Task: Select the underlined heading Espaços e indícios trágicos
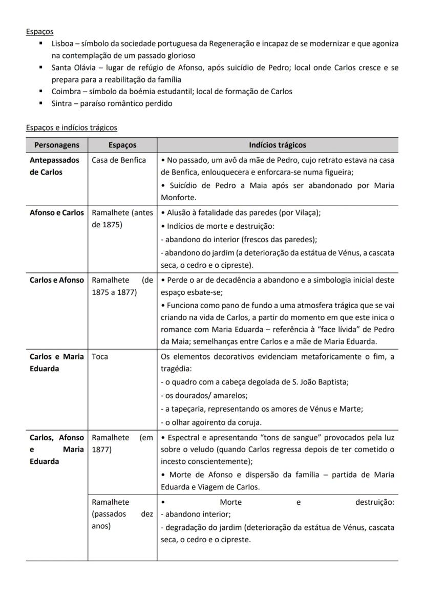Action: click(x=71, y=127)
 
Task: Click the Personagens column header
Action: click(x=56, y=145)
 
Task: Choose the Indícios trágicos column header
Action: click(x=277, y=145)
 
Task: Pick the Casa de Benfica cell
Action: click(x=118, y=160)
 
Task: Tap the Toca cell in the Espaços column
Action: click(x=100, y=357)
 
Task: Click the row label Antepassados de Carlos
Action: click(x=54, y=166)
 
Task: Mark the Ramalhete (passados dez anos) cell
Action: click(x=122, y=514)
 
